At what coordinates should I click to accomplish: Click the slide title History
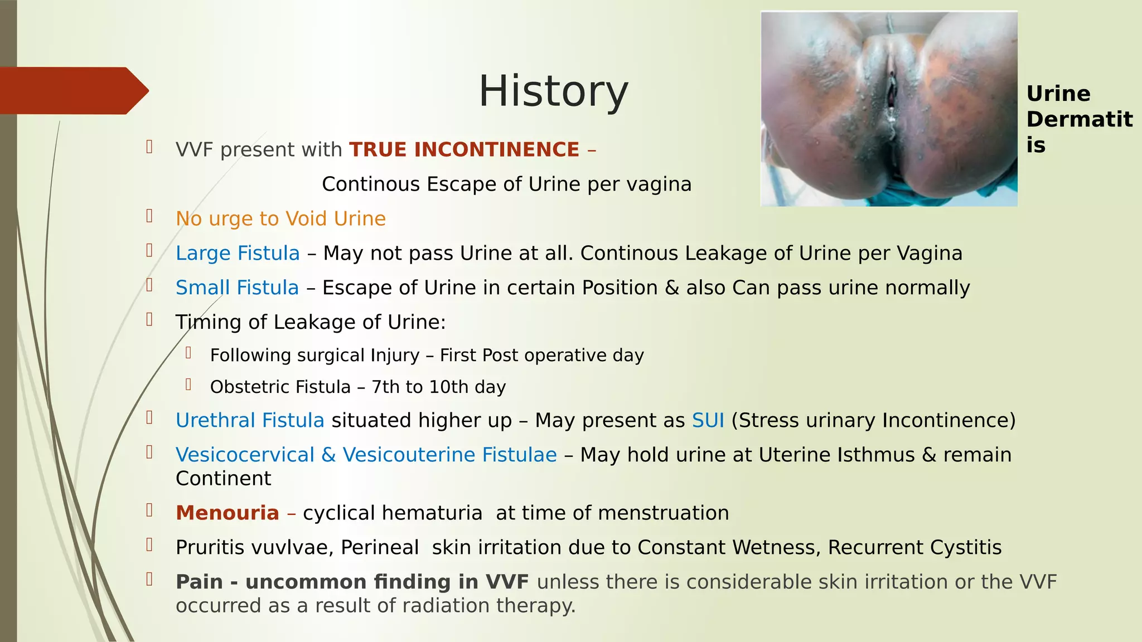point(553,91)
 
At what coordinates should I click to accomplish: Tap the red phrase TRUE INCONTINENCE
point(464,150)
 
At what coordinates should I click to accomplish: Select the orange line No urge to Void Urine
point(280,219)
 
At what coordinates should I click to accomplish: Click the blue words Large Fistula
point(238,254)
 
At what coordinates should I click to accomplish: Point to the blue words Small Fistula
point(237,288)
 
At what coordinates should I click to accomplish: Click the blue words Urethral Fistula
point(250,421)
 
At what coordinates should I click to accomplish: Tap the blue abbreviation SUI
point(708,421)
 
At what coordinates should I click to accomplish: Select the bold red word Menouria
point(227,513)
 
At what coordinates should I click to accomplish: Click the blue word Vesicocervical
point(245,455)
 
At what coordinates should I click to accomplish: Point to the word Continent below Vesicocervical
point(223,479)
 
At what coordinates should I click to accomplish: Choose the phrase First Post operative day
point(541,356)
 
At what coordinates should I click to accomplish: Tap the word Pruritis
point(210,548)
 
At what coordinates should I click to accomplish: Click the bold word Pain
point(199,582)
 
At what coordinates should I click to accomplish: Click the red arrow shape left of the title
point(72,91)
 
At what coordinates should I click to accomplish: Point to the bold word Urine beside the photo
point(1058,94)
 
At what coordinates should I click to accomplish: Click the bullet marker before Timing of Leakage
point(149,320)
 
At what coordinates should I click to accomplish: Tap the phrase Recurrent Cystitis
point(914,548)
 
